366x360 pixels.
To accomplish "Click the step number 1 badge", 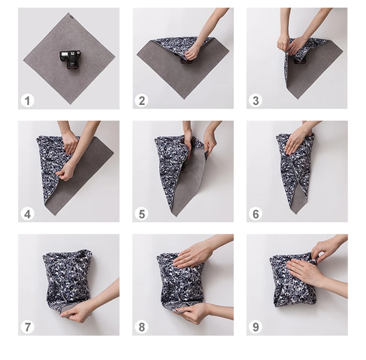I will tap(28, 100).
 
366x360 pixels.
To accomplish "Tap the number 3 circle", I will tap(255, 100).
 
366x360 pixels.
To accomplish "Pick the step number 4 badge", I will tap(28, 214).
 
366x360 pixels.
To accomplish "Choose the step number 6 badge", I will tap(255, 214).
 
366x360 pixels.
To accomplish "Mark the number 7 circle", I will tap(28, 327).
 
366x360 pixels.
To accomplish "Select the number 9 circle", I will tap(255, 327).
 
